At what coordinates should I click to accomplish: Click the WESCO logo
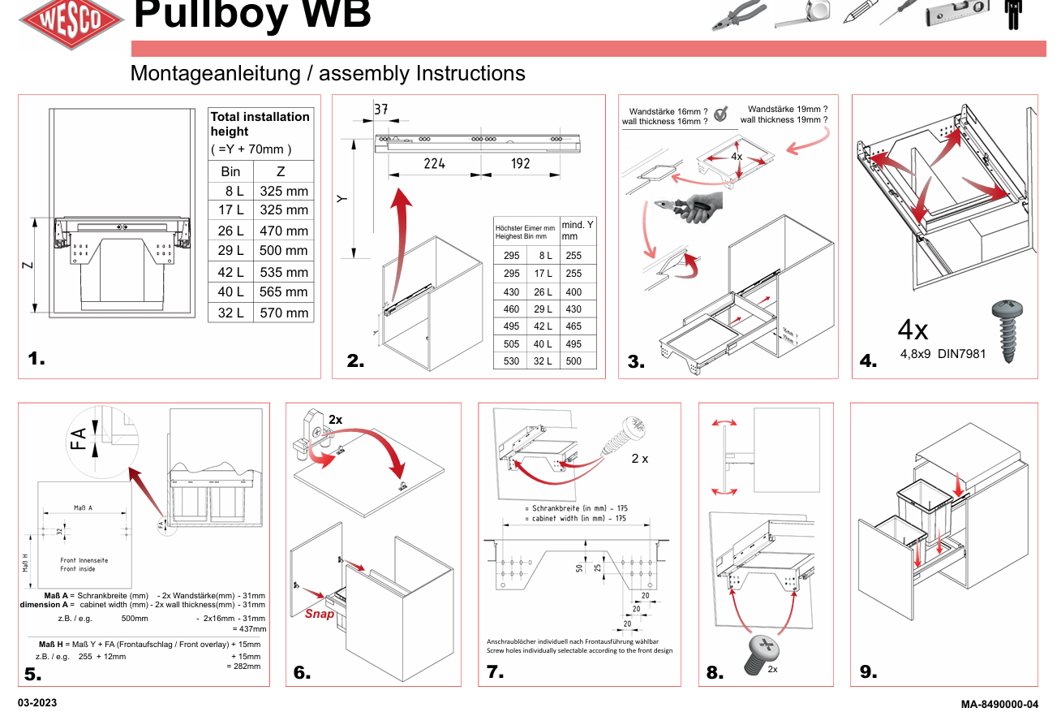71,20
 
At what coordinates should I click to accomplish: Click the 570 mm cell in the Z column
283,313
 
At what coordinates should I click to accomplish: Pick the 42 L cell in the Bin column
230,272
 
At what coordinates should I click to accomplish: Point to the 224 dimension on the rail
434,163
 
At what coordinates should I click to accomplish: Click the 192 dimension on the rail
520,163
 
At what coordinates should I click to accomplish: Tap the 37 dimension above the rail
381,110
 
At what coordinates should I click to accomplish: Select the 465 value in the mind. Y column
573,326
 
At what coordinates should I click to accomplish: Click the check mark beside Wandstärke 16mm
720,115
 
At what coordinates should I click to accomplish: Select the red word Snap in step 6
320,614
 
